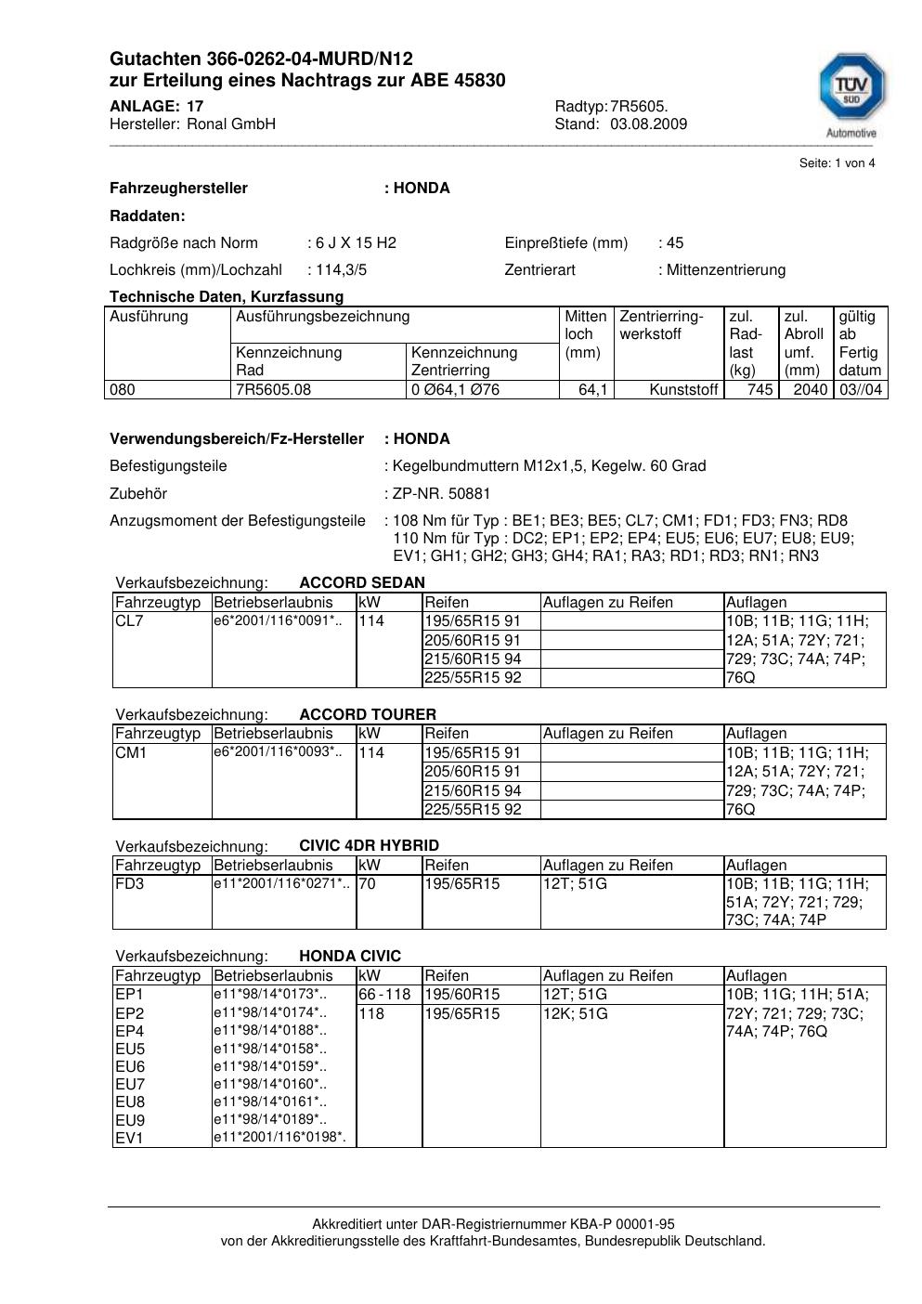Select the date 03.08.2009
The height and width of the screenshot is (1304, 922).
tap(648, 124)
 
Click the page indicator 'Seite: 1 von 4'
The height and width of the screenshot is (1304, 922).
tap(837, 163)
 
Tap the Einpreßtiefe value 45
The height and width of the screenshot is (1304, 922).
tap(674, 243)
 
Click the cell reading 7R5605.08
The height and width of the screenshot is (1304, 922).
tap(274, 390)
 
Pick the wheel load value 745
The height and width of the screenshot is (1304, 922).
tap(760, 390)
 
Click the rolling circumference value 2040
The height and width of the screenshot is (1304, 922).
tap(810, 390)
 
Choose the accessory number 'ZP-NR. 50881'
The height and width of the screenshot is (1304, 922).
tap(442, 494)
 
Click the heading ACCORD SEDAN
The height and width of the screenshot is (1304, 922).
tap(362, 583)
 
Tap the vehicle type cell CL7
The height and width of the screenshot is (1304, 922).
tap(129, 621)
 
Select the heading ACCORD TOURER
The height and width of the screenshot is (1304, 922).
tap(368, 715)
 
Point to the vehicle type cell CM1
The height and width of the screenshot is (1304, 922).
tap(131, 753)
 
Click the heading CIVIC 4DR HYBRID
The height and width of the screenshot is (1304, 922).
tap(369, 846)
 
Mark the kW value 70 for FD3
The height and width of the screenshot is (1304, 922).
tap(367, 884)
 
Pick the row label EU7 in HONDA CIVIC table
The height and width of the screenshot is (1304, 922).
tap(130, 1085)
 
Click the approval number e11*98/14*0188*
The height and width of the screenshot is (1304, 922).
tap(270, 1031)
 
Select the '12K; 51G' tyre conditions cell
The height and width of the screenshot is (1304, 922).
tap(576, 1014)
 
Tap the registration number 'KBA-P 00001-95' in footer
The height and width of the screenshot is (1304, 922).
tap(627, 1225)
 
